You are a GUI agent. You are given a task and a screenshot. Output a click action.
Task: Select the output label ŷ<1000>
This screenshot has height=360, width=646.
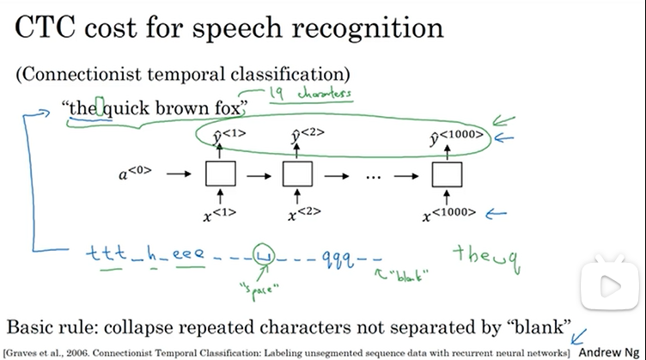coord(456,136)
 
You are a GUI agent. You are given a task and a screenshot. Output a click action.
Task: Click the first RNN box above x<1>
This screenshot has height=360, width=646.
coord(219,174)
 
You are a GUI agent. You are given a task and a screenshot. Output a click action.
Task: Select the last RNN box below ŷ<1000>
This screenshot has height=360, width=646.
coord(442,174)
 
